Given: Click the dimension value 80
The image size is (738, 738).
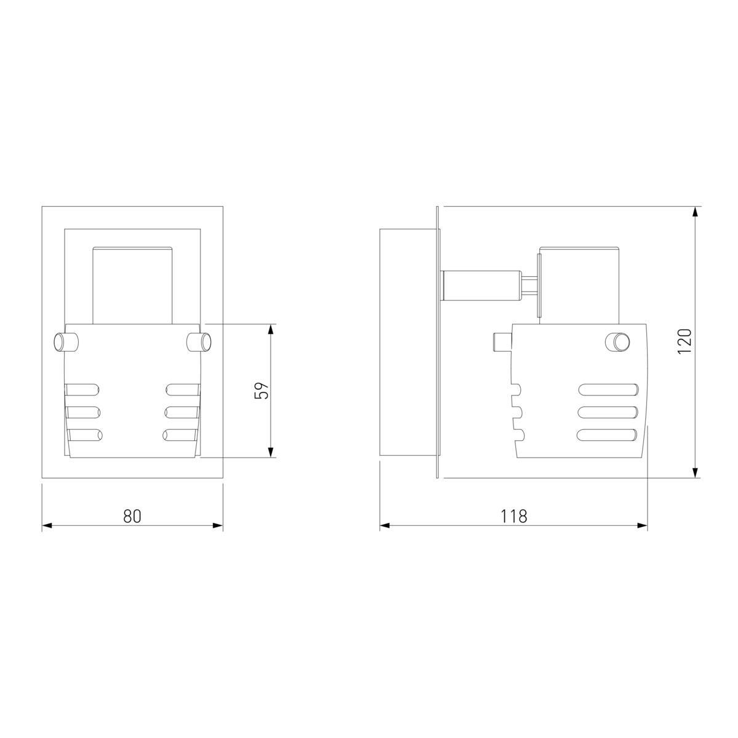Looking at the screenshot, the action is [132, 516].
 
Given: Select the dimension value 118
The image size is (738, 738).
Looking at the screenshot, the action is [514, 516].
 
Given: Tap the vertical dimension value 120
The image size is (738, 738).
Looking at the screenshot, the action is [684, 341].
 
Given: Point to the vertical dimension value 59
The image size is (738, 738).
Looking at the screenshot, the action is [262, 391].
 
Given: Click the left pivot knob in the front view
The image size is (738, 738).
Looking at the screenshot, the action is [66, 342].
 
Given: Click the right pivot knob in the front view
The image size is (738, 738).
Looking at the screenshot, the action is [199, 342].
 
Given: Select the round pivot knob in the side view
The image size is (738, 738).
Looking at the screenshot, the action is [617, 341].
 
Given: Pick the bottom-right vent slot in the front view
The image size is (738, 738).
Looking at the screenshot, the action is [181, 435].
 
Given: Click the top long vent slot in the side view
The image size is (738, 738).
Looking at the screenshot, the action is [609, 390].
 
